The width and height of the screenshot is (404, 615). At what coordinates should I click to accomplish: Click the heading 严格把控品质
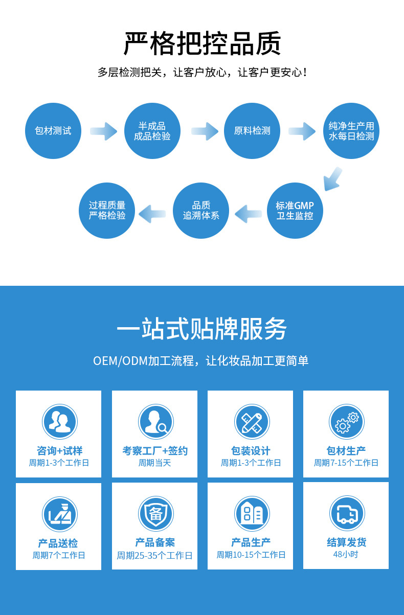tap(202, 44)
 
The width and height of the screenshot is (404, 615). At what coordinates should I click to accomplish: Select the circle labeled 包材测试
tap(53, 130)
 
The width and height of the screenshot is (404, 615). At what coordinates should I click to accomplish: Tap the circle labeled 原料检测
tap(252, 130)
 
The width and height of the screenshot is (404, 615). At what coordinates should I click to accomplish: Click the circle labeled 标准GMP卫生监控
tap(295, 210)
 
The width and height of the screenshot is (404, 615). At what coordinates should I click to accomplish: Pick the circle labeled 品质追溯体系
tap(201, 210)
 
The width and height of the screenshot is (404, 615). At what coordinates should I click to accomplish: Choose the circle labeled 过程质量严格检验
tap(107, 210)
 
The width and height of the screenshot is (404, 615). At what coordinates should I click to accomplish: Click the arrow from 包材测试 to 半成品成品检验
tap(104, 131)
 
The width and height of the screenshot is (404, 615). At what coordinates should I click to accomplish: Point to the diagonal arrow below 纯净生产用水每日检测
tap(333, 178)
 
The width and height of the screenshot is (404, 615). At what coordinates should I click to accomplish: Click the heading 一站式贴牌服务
tap(202, 329)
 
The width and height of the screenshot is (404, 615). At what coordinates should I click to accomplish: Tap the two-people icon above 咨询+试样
tap(59, 422)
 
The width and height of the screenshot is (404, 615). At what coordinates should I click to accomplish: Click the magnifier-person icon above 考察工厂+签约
tap(155, 422)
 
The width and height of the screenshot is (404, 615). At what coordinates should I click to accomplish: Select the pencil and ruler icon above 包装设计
tap(252, 422)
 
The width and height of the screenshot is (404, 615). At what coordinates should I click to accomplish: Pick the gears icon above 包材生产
tap(346, 422)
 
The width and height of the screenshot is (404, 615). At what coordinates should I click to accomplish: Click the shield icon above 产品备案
tap(155, 514)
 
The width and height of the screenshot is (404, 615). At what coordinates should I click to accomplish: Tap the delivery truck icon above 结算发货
tap(346, 514)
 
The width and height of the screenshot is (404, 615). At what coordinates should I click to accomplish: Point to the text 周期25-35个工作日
tap(154, 555)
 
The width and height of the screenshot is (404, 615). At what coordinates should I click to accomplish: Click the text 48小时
tap(346, 554)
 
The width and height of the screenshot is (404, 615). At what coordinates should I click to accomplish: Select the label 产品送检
tap(58, 543)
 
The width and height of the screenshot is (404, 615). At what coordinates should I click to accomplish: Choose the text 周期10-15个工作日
tap(251, 555)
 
